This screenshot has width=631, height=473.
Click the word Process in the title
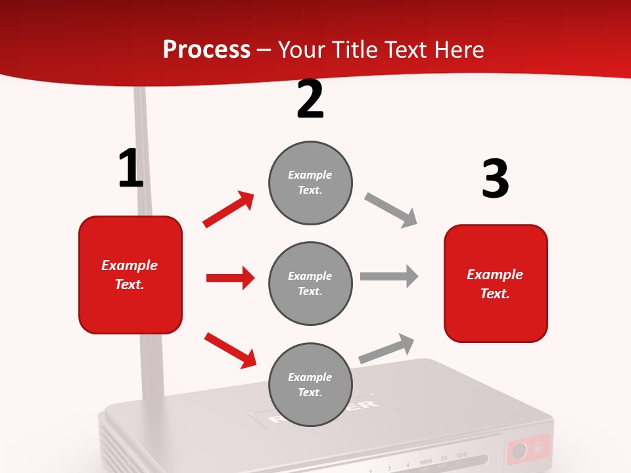point(206,50)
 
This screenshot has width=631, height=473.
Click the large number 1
point(131,168)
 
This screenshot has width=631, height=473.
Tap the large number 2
point(310,99)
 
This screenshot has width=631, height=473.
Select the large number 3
point(495,179)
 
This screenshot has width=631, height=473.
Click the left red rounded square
point(130,275)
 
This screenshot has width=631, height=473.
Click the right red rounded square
point(496,283)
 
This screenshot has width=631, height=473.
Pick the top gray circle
point(310,183)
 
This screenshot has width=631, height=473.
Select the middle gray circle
point(310,283)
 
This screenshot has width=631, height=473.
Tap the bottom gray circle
point(310,384)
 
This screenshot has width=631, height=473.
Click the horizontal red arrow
point(230,278)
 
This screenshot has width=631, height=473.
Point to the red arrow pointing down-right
point(230,350)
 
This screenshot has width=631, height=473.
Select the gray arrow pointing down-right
point(391,210)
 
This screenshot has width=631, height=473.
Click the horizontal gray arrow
point(389,277)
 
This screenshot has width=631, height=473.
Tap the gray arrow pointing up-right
point(387,348)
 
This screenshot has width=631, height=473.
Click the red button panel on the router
point(528,450)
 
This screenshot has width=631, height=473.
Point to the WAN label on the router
point(426,463)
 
